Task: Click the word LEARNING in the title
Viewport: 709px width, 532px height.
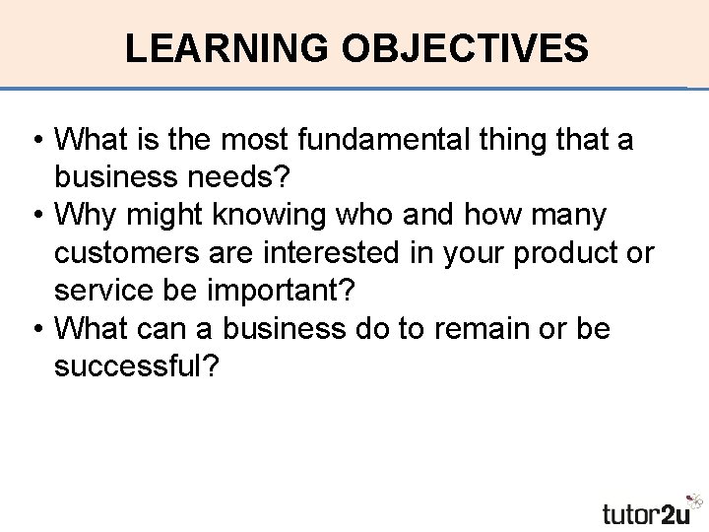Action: (x=227, y=47)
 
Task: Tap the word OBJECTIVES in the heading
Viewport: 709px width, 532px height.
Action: (x=465, y=47)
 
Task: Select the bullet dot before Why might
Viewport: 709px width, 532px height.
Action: (x=38, y=215)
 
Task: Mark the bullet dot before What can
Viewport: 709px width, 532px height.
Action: (x=38, y=328)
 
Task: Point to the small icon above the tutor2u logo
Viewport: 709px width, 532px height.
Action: (x=696, y=499)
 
